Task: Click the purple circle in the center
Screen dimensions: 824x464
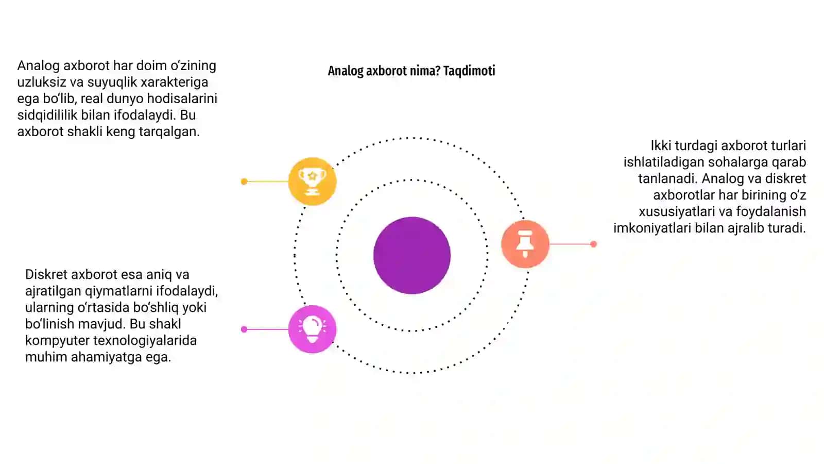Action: tap(411, 255)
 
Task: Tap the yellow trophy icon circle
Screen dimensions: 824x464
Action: tap(312, 181)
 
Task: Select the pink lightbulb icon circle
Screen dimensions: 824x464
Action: tap(312, 329)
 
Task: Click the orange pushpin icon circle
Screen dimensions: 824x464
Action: tap(525, 244)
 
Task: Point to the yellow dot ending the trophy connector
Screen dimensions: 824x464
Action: tap(244, 181)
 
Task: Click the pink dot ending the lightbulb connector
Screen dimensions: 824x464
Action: tap(244, 329)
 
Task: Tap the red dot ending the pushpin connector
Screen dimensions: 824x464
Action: tap(593, 244)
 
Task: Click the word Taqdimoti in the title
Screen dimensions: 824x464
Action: tap(469, 71)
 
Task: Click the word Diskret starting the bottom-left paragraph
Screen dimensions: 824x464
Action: tap(46, 274)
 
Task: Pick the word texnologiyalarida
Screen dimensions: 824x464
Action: tap(145, 340)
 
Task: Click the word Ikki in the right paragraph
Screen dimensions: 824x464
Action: tap(661, 145)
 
